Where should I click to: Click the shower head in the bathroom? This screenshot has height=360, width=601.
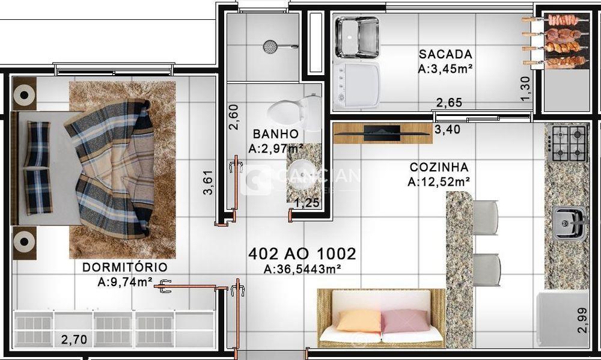click(272, 46)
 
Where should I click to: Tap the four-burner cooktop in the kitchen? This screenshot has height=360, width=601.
click(568, 143)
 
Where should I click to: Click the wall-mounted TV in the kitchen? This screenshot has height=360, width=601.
click(382, 133)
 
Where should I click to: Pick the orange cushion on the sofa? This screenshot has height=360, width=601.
click(358, 320)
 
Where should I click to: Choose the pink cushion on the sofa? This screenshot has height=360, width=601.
click(403, 320)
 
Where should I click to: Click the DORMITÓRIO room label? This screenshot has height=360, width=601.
click(125, 267)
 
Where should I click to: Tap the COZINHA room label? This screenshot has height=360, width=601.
click(439, 168)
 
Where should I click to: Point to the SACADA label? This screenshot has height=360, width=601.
click(445, 55)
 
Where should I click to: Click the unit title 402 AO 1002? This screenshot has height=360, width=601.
click(302, 254)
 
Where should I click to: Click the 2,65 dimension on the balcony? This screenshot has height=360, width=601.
click(449, 103)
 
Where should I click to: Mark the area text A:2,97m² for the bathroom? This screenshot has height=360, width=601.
click(276, 148)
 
